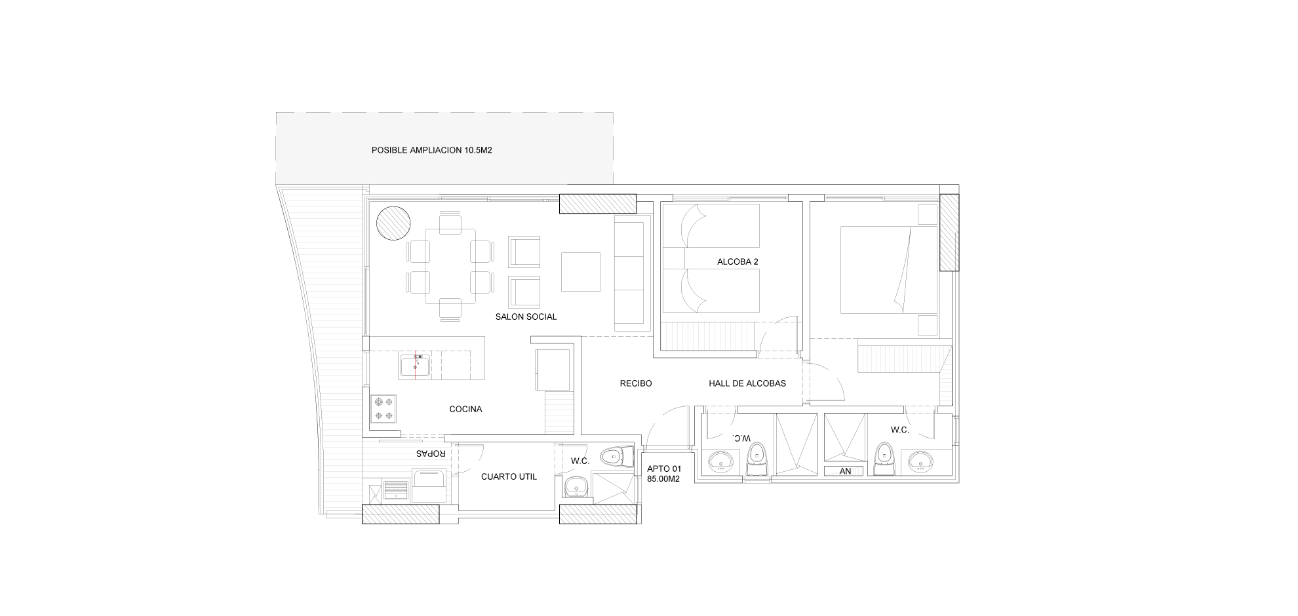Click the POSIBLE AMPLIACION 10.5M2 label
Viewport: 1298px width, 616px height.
(x=431, y=150)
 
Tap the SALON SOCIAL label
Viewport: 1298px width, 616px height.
(x=526, y=317)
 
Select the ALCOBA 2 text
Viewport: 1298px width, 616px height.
(x=737, y=261)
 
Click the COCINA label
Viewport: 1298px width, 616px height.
(x=465, y=409)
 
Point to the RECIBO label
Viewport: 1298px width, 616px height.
(x=636, y=383)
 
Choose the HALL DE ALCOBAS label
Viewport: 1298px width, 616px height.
(x=747, y=383)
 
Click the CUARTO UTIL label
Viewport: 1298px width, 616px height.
(x=509, y=476)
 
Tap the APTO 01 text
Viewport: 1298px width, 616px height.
(x=664, y=469)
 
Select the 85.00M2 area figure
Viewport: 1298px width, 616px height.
(x=663, y=479)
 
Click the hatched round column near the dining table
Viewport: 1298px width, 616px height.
(x=393, y=224)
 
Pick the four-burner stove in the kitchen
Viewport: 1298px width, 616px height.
(x=383, y=408)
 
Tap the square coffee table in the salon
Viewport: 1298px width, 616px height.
(x=580, y=271)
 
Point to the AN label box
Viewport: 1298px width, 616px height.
(x=845, y=471)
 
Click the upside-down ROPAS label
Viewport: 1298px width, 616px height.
(x=431, y=453)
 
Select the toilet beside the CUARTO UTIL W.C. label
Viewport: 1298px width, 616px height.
(x=616, y=455)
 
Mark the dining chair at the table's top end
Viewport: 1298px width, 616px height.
(x=450, y=223)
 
